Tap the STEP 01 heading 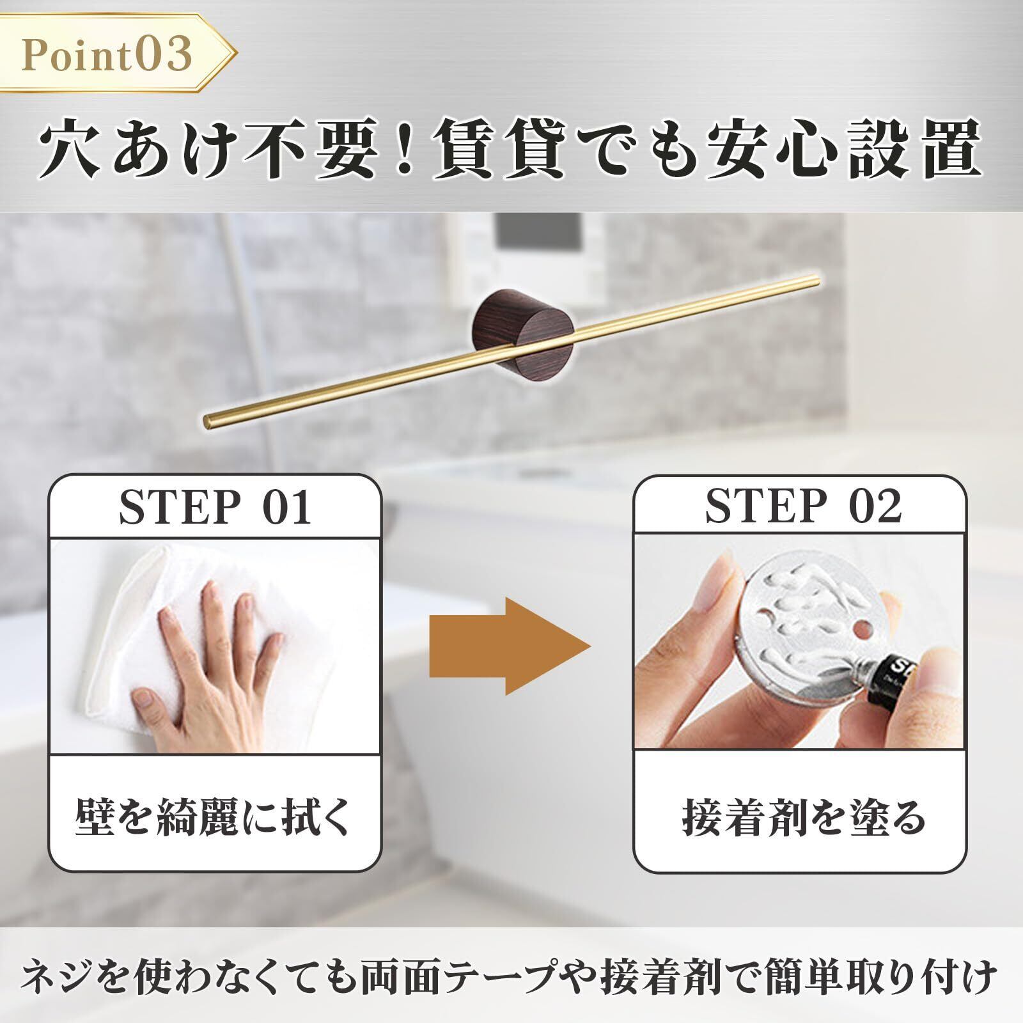click(x=215, y=509)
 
